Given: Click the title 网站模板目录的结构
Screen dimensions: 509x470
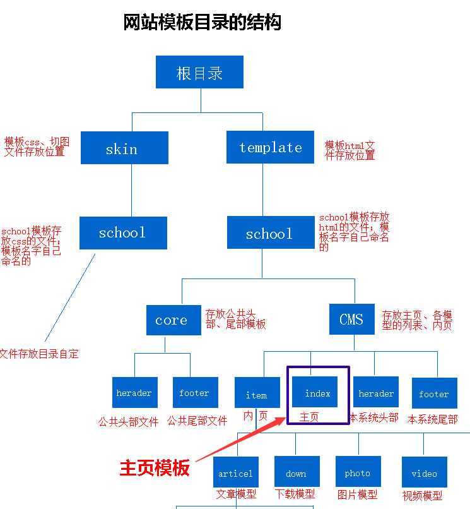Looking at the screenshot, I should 202,23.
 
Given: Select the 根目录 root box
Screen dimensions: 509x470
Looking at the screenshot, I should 200,73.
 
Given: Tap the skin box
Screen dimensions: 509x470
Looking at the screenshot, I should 124,148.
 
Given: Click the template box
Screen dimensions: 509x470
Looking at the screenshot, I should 270,147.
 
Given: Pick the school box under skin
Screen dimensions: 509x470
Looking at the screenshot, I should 123,232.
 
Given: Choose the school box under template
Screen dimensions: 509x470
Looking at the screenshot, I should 270,234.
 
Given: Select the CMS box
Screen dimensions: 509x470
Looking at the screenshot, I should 351,319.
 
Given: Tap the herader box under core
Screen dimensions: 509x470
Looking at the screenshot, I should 134,393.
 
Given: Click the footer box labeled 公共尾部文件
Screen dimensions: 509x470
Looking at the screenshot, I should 195,393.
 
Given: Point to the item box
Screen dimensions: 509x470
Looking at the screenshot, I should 257,394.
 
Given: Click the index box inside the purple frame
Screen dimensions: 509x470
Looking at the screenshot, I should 317,392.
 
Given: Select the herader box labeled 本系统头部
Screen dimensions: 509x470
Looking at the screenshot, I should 376,393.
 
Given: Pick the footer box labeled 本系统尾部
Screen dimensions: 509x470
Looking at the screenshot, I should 434,393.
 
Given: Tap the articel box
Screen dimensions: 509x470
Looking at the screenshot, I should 236,472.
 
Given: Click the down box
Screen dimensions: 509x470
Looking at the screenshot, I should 297,472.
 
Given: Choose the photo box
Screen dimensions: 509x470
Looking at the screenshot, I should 358,472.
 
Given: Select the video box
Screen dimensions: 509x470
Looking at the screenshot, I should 424,472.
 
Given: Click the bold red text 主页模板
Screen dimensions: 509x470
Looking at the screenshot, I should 155,468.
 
